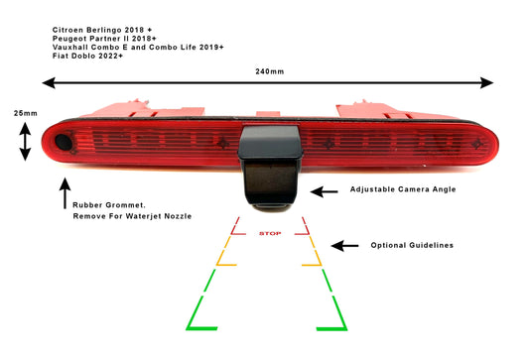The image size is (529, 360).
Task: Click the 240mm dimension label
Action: pyautogui.click(x=267, y=71)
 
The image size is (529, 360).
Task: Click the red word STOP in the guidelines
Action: pyautogui.click(x=269, y=234)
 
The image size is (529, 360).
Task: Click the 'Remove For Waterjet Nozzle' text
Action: pyautogui.click(x=132, y=216)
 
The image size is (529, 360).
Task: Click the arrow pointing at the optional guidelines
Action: pyautogui.click(x=344, y=245)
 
